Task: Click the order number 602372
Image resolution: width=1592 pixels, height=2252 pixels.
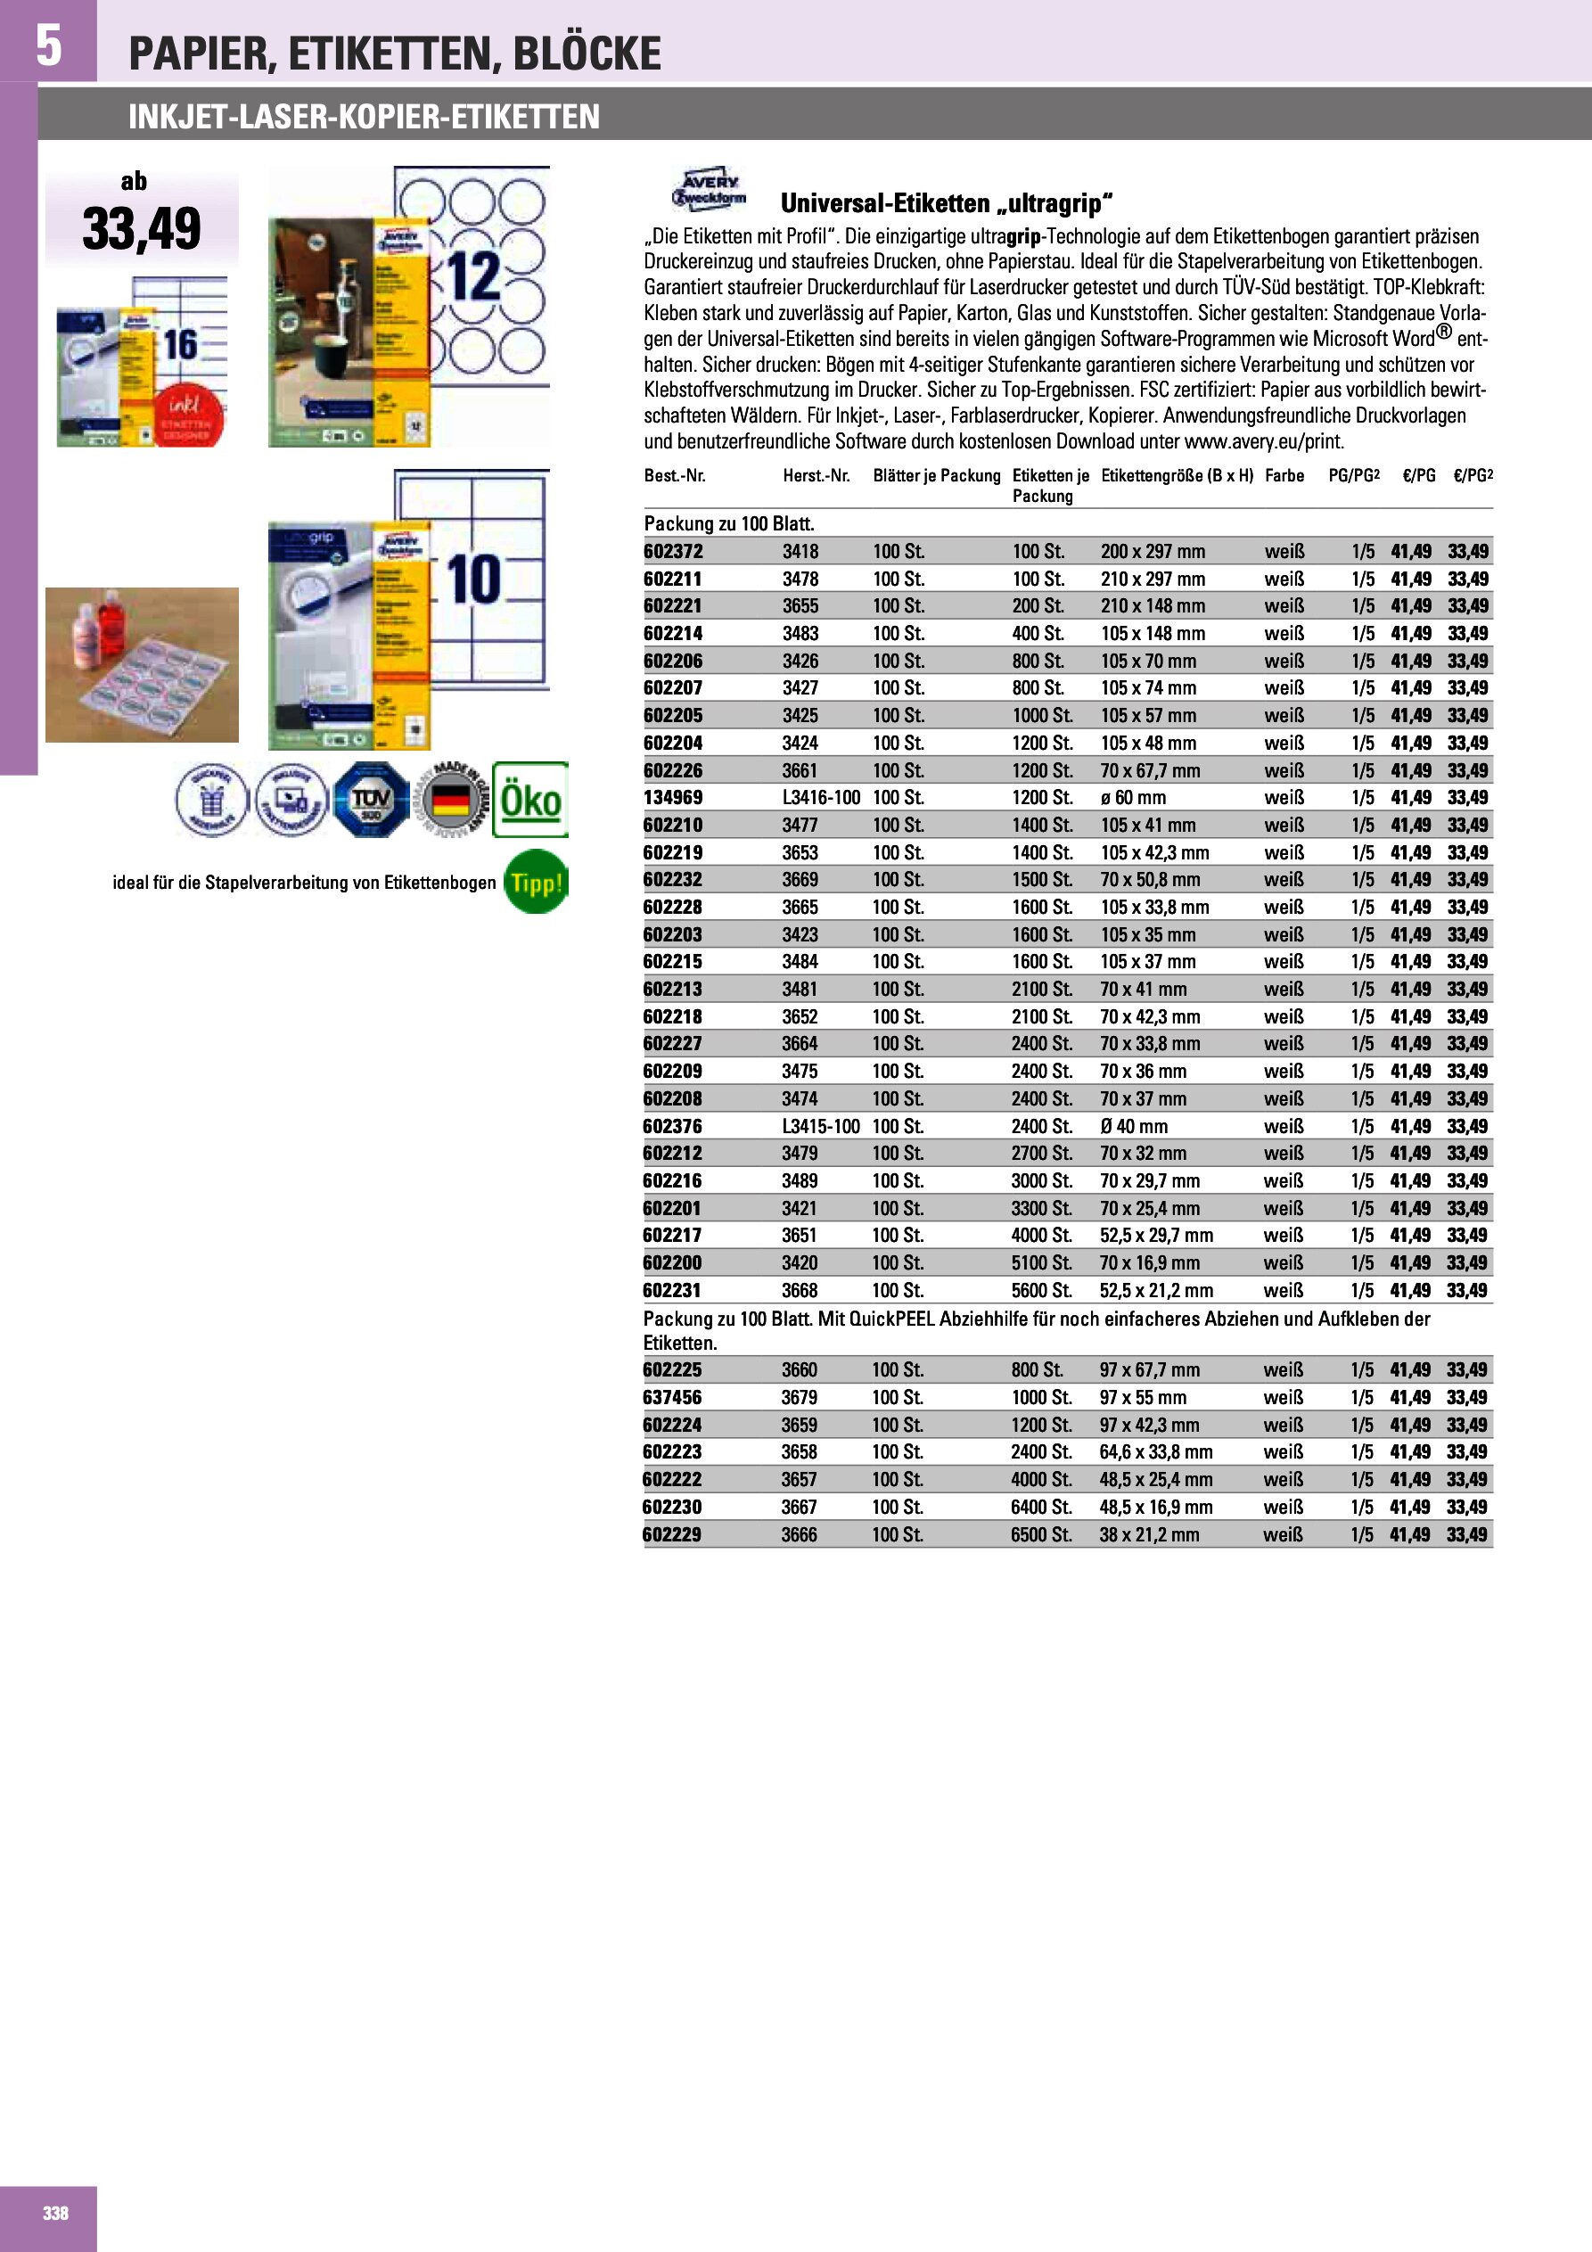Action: coord(673,551)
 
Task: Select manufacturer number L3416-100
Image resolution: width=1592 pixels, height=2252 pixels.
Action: coord(821,797)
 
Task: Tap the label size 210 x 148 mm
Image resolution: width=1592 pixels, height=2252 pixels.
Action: coord(1153,606)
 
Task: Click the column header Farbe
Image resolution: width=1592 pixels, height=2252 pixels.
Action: coord(1284,476)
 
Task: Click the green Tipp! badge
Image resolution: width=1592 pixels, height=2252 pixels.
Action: coord(535,882)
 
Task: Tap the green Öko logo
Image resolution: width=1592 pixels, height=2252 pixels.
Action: coord(529,800)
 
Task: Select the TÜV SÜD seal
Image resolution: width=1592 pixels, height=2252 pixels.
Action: coord(371,800)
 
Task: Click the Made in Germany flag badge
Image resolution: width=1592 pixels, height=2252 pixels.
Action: coord(450,800)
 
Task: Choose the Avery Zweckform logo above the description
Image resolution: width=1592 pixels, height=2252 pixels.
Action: coord(709,188)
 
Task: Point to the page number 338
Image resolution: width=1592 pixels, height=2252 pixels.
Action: coord(55,2213)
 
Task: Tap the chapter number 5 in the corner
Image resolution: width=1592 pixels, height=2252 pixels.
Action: coord(48,45)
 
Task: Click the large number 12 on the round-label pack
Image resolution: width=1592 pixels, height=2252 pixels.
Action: coord(475,277)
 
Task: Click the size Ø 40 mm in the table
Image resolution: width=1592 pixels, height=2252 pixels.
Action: coord(1133,1126)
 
